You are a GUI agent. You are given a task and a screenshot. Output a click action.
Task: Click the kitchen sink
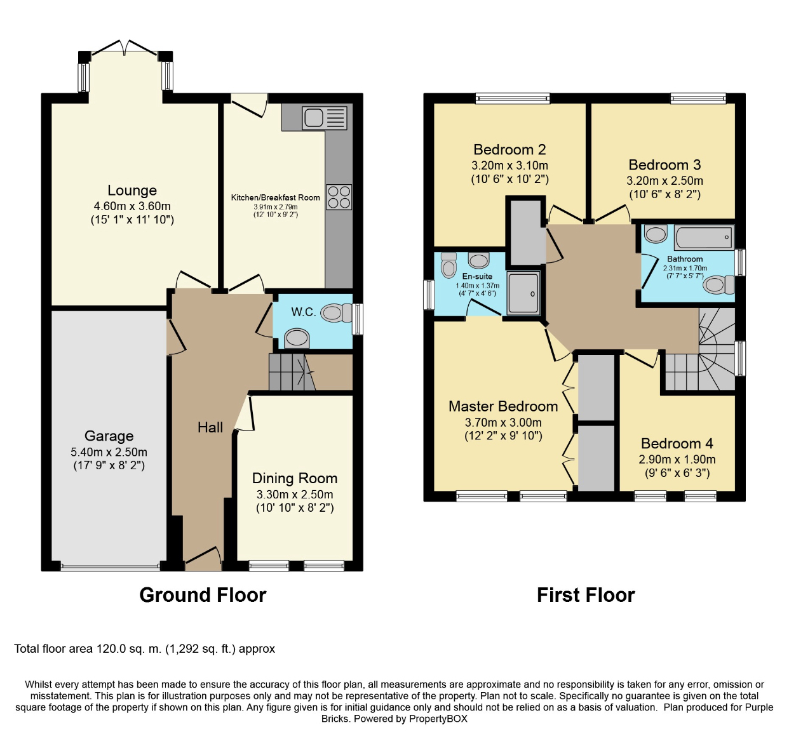(x=324, y=117)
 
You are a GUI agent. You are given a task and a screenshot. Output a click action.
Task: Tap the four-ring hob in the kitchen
(x=339, y=197)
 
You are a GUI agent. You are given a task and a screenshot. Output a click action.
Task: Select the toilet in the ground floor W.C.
(x=336, y=313)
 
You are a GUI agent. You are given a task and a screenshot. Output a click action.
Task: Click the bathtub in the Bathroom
(x=704, y=237)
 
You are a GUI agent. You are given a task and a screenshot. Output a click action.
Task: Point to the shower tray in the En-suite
(x=523, y=293)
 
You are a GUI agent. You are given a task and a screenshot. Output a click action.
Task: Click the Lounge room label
(x=132, y=190)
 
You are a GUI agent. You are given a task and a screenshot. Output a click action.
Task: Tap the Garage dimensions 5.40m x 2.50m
(x=109, y=452)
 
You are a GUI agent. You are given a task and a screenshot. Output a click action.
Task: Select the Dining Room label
(x=295, y=478)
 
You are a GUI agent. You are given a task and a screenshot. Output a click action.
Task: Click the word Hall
(x=210, y=427)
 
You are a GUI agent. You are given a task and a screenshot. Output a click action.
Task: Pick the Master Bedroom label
(x=503, y=406)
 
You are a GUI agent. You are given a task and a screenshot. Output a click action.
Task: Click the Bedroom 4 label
(x=677, y=443)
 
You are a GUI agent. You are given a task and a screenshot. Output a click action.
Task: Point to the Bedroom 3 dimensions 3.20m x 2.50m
(x=664, y=181)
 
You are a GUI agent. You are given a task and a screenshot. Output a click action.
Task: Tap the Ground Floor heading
(x=203, y=595)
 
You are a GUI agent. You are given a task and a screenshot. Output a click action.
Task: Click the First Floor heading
(x=586, y=595)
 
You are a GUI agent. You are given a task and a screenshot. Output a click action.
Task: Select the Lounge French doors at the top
(x=125, y=48)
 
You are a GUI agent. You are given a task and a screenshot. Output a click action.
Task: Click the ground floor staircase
(x=292, y=372)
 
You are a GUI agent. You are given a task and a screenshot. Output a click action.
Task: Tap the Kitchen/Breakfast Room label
(x=275, y=197)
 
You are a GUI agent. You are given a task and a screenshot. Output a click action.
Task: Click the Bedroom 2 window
(x=513, y=98)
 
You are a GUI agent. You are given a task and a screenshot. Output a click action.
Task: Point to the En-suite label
(x=477, y=276)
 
